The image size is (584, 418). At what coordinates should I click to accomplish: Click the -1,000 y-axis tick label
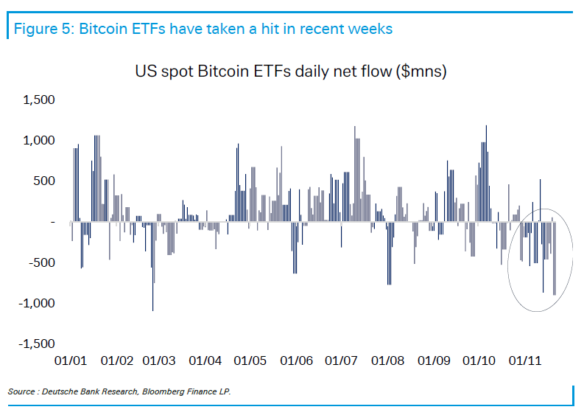(37, 303)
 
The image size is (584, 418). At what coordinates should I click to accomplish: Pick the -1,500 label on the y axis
(37, 344)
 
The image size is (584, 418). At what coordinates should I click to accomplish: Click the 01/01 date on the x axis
(71, 361)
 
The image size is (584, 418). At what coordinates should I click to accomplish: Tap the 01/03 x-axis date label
(158, 361)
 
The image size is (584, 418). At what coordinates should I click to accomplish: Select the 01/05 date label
(250, 361)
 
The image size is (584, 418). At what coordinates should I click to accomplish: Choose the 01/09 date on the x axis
(433, 361)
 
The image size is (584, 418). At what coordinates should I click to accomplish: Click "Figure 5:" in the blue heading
(41, 29)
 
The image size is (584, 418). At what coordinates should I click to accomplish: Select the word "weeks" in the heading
(370, 29)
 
